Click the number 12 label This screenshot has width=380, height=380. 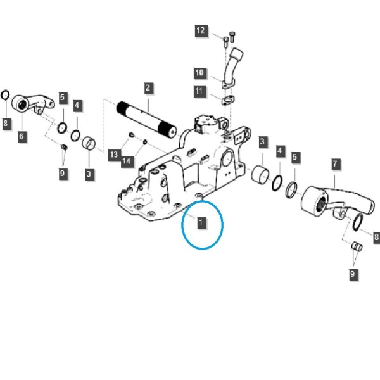pos(201,31)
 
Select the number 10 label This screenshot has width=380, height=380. pos(199,73)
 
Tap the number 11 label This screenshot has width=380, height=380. pos(199,91)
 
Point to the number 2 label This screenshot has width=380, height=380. pos(148,88)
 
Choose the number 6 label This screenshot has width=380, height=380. pos(22,136)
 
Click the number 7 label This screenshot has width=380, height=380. pos(335,164)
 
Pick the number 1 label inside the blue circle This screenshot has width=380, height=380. pos(201,222)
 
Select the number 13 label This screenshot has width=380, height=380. pos(113,155)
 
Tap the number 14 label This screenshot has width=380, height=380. pos(127,161)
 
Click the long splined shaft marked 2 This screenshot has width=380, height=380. pos(147,120)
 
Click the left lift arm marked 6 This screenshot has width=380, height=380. pos(33,104)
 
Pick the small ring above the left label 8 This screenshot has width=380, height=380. pos(5,95)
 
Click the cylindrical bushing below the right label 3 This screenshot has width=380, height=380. pos(260,174)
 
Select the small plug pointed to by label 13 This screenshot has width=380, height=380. pos(131,135)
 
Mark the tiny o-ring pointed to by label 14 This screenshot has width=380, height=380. pos(145,142)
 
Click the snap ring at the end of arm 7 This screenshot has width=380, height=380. pos(358,222)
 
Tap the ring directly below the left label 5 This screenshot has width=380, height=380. pos(62,128)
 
